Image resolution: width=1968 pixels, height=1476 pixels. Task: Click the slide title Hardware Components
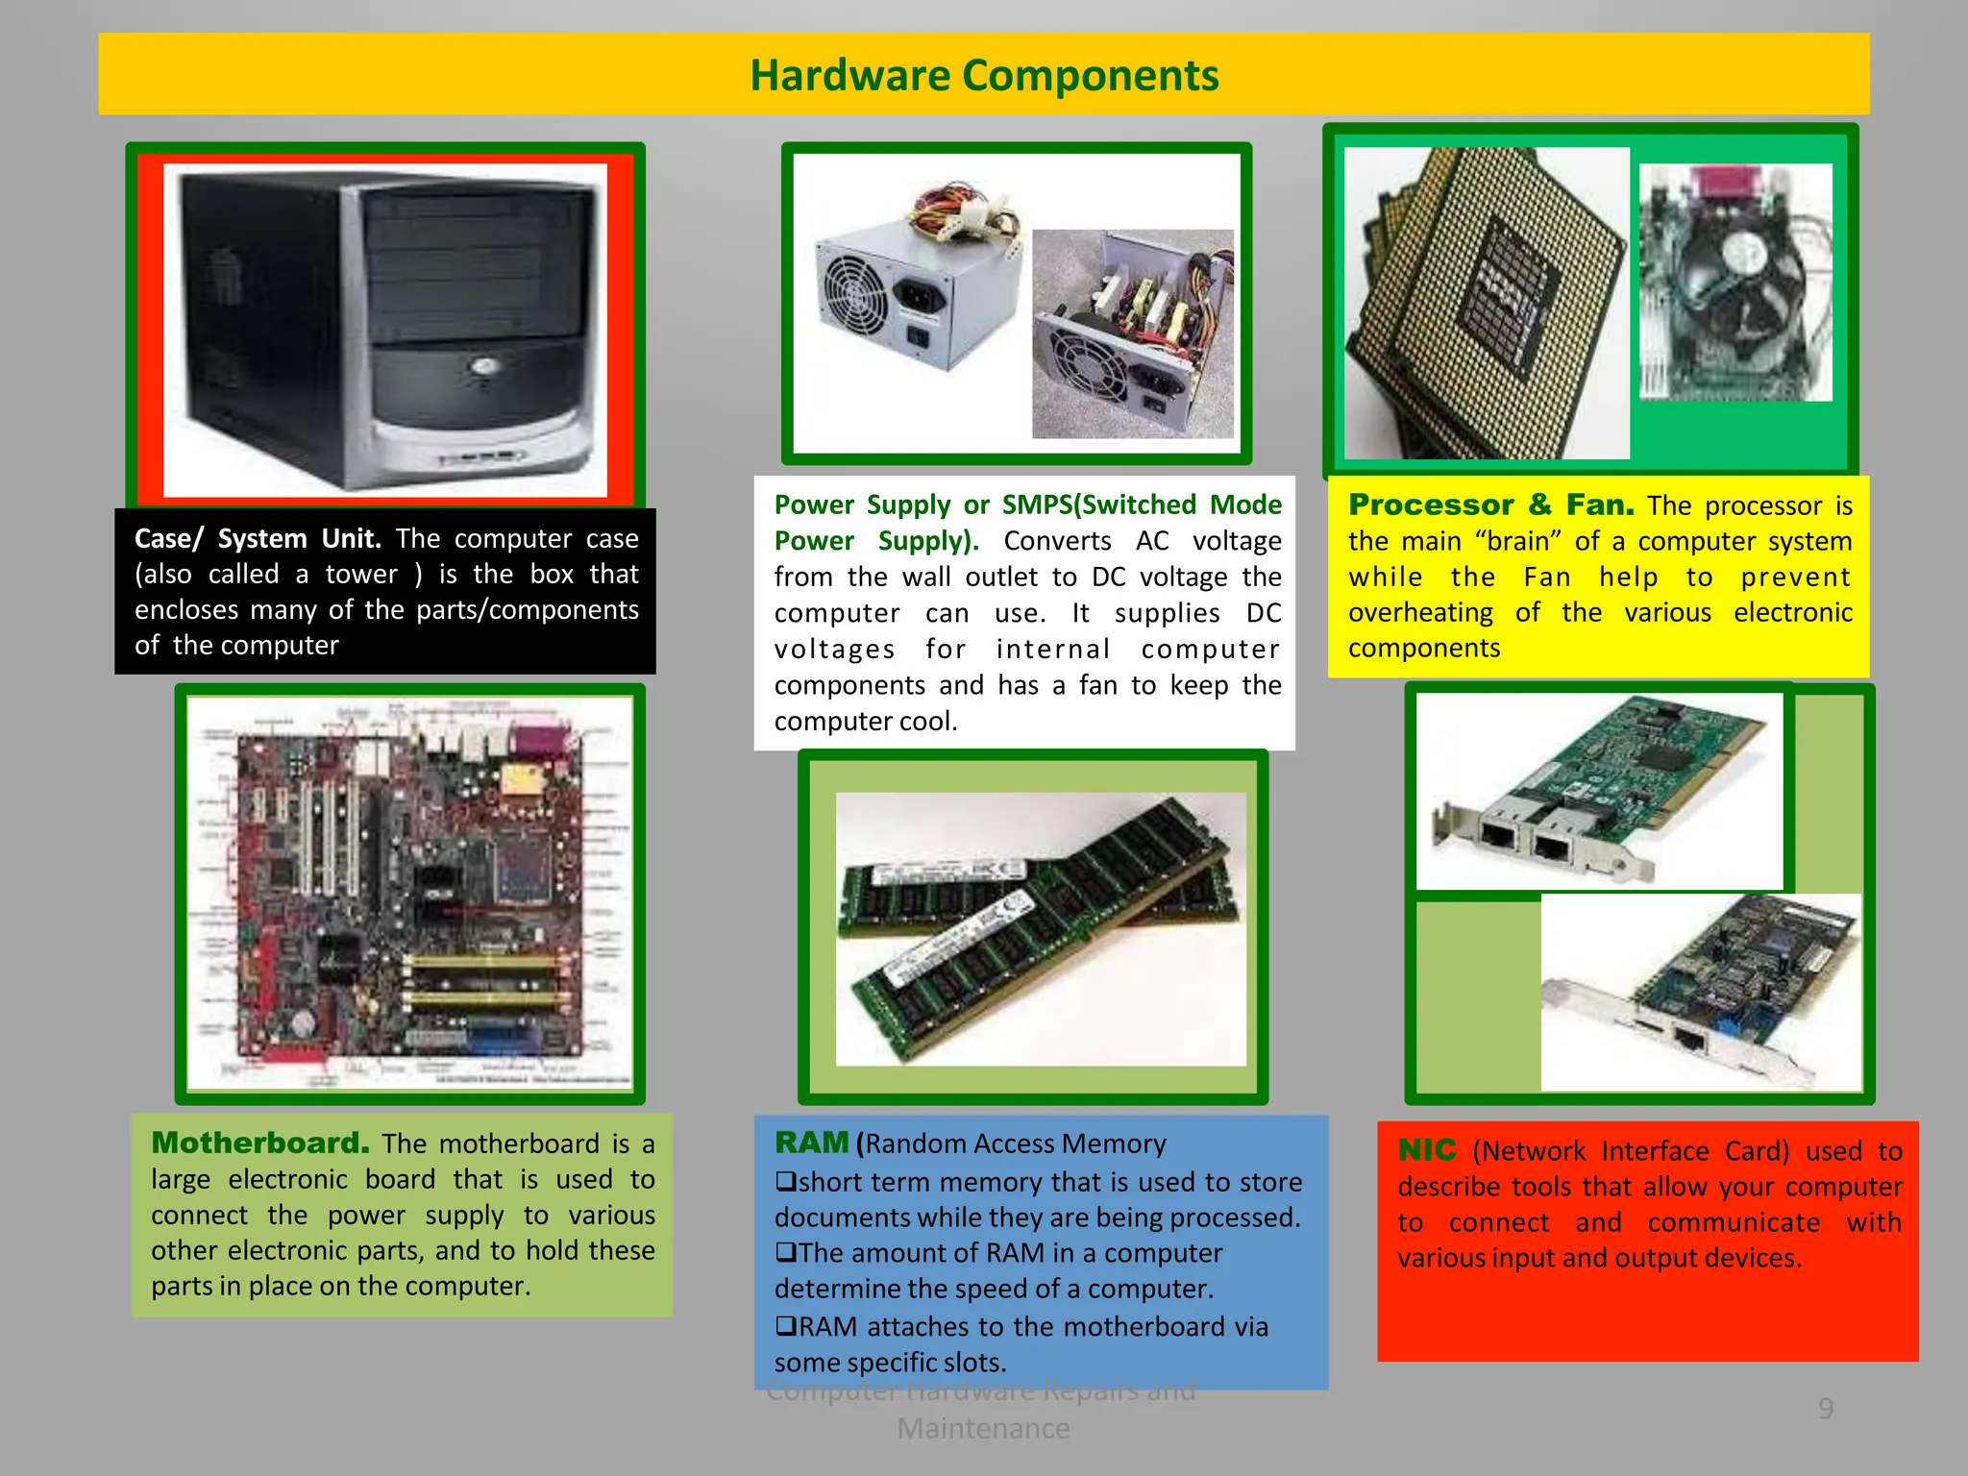(x=984, y=75)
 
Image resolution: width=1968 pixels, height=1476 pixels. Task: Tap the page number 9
(x=1826, y=1409)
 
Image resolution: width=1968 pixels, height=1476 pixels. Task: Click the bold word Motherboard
(x=259, y=1143)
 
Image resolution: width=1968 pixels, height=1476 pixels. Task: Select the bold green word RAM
(x=811, y=1143)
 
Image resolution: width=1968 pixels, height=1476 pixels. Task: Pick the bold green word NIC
(x=1426, y=1150)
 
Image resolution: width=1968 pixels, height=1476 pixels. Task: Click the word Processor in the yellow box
(x=1431, y=504)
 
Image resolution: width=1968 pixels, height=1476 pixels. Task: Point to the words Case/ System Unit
(x=258, y=538)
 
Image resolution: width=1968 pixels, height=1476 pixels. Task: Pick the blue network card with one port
(x=1701, y=995)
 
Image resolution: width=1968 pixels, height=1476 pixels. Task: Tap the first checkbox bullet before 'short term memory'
(x=785, y=1182)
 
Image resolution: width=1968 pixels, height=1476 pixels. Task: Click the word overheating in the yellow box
(x=1420, y=613)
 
